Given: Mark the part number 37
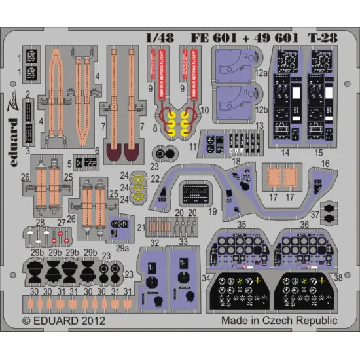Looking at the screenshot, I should point(315,214).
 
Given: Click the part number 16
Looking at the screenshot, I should point(325,163).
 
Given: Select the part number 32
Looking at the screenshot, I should point(154,243).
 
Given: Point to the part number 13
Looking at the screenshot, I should point(259,125).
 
